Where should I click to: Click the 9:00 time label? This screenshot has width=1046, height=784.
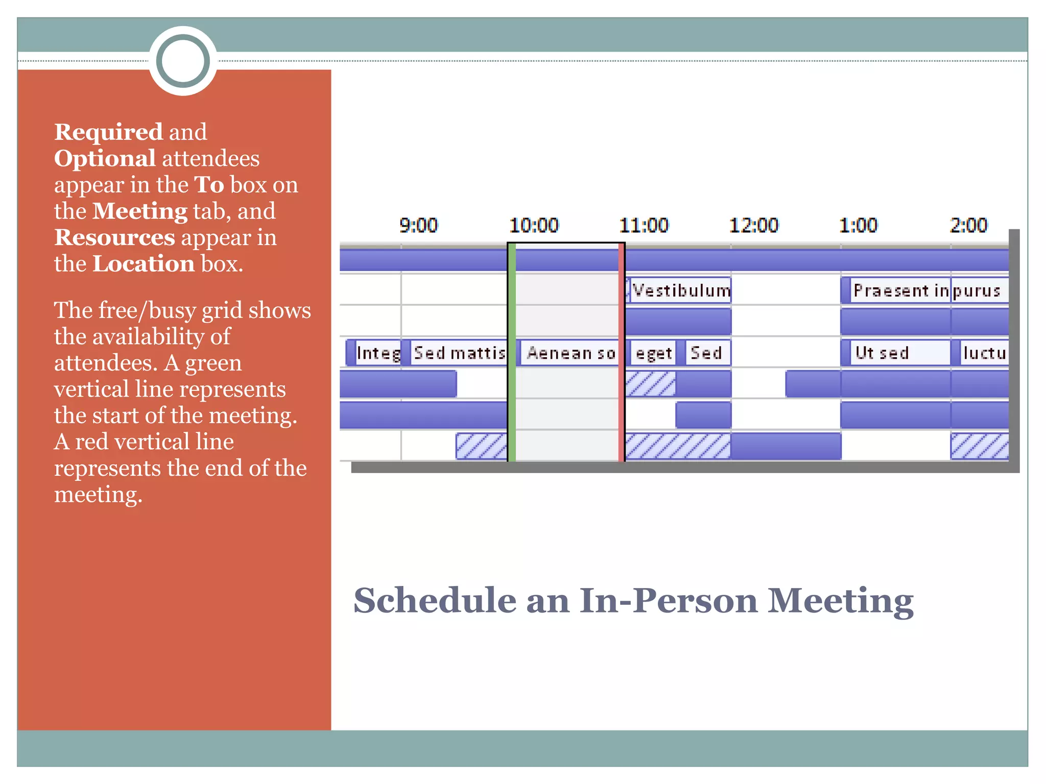(x=418, y=225)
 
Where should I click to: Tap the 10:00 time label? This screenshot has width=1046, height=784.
(x=534, y=225)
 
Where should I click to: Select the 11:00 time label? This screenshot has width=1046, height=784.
(x=644, y=225)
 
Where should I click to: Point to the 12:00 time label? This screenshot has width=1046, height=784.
(x=753, y=225)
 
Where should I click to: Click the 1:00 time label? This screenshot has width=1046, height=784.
(x=858, y=225)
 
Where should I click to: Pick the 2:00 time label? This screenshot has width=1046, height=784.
(x=968, y=225)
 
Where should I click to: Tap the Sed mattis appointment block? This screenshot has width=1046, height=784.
(x=458, y=353)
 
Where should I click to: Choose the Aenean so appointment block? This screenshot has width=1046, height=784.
(x=569, y=353)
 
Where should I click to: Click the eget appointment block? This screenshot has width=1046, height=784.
(x=653, y=353)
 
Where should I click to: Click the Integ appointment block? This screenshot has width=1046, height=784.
(x=377, y=353)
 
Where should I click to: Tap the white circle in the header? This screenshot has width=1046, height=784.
(x=183, y=61)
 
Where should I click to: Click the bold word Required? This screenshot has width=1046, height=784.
(x=108, y=132)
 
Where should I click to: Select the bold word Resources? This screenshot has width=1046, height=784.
(x=114, y=237)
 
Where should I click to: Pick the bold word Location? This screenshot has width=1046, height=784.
(x=144, y=264)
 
